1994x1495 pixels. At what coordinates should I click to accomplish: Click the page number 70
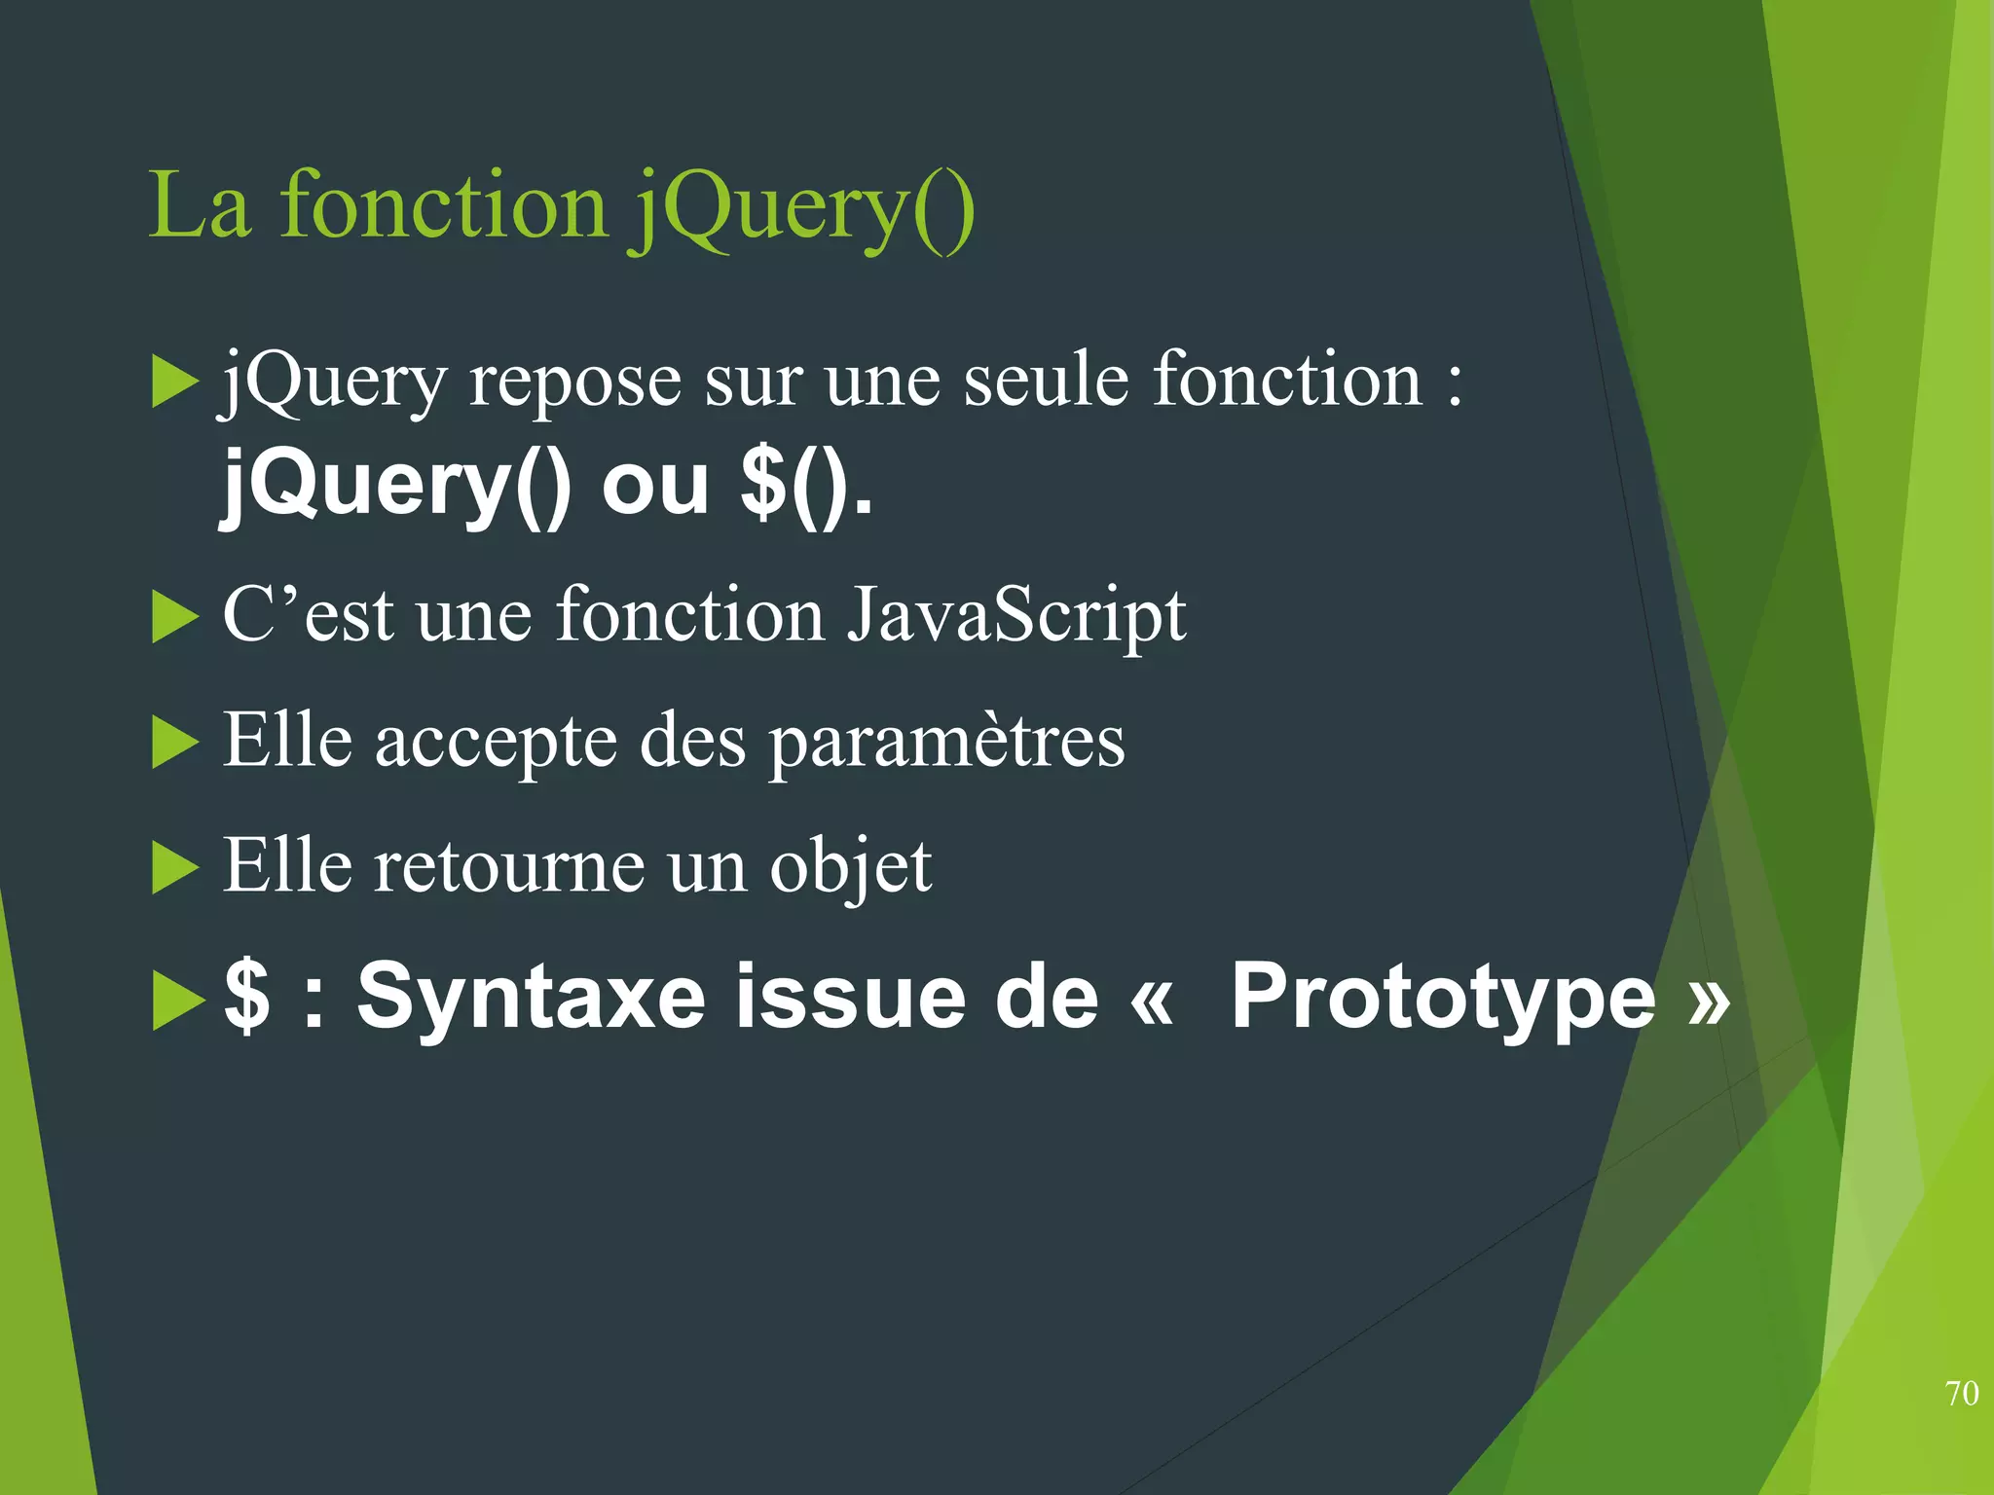click(1962, 1393)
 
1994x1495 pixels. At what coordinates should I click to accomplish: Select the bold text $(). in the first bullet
click(806, 485)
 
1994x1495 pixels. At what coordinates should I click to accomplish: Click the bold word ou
click(655, 485)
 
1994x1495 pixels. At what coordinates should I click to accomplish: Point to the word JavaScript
click(1015, 616)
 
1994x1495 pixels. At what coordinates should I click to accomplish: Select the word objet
click(850, 866)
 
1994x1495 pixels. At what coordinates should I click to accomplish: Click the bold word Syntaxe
click(531, 997)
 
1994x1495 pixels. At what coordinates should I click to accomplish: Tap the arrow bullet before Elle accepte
click(175, 745)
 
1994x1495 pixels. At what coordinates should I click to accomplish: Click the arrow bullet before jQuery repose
click(175, 383)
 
